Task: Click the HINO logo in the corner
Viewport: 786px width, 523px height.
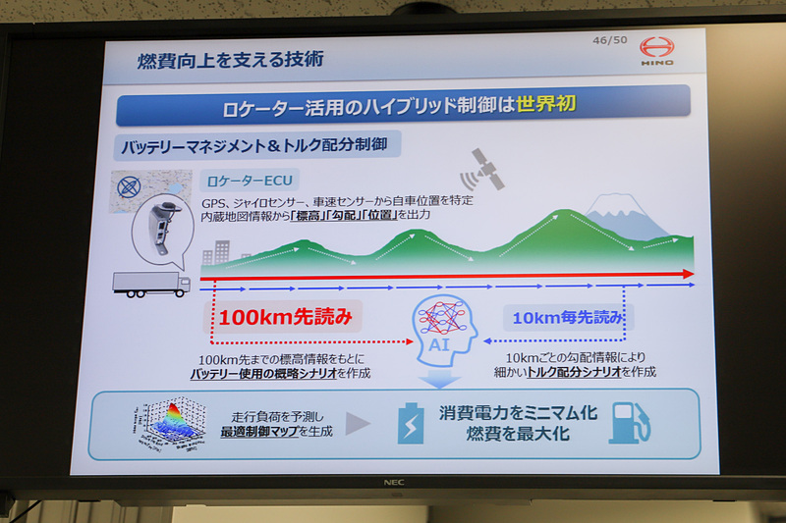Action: coord(657,51)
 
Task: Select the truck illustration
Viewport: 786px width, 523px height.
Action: coord(151,284)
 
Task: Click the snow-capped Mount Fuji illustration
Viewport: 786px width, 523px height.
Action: coord(620,218)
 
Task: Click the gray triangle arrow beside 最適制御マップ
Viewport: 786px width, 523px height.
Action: coord(359,425)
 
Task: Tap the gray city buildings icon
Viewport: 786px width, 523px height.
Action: coord(217,253)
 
